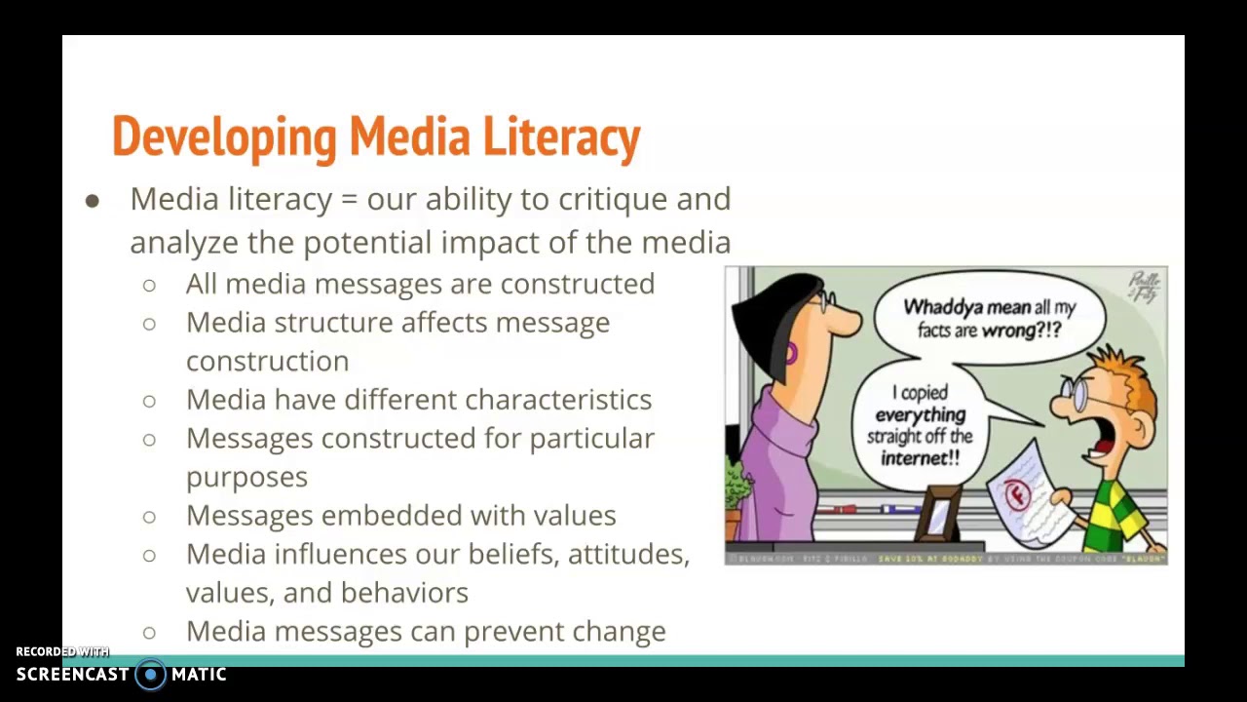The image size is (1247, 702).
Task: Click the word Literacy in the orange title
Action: (x=561, y=136)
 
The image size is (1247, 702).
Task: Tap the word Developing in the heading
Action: (x=223, y=136)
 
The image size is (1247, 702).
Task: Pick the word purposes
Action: (x=246, y=477)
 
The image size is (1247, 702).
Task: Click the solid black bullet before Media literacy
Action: (x=93, y=201)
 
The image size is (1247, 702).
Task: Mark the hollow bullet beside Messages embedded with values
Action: (x=149, y=516)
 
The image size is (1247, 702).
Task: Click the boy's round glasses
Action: (x=1075, y=393)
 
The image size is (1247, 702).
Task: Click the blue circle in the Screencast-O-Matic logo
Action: (x=150, y=675)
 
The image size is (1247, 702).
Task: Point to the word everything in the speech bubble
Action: (x=920, y=415)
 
